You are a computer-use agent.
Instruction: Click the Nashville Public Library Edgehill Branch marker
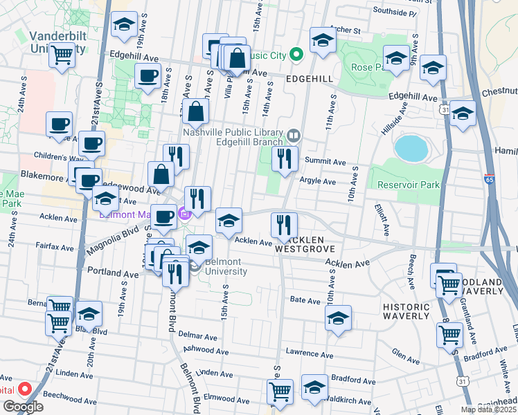[x=294, y=134]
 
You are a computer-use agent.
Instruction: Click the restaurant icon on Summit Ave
[x=285, y=159]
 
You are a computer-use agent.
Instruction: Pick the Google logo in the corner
[x=23, y=407]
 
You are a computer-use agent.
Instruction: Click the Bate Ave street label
[x=304, y=299]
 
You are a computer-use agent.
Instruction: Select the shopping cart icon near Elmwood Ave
[x=280, y=391]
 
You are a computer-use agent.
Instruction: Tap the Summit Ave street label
[x=330, y=162]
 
